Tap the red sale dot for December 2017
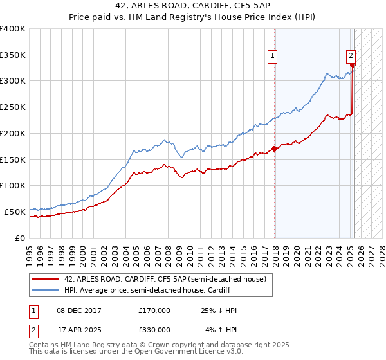coord(275,148)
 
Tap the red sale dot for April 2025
coord(353,65)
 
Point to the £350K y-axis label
coord(12,55)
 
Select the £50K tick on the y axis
coord(15,212)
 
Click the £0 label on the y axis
coord(20,238)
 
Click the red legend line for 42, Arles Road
coord(46,278)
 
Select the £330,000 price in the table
coord(154,330)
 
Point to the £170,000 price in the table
coord(154,310)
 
